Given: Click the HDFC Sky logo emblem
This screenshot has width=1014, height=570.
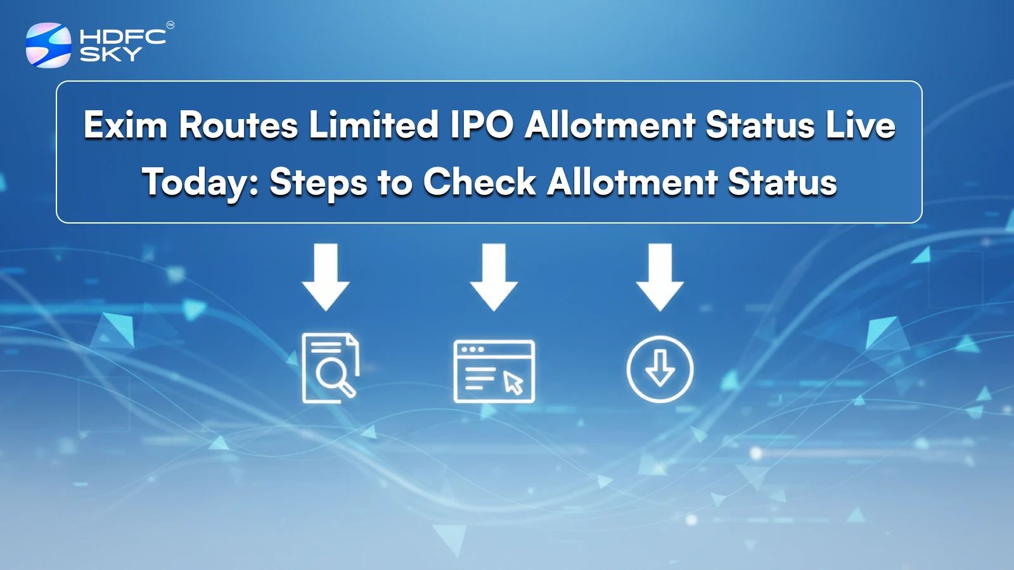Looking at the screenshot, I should (48, 45).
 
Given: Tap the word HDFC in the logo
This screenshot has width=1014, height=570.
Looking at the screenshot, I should (123, 36).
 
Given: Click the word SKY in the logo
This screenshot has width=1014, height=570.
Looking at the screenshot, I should (110, 54).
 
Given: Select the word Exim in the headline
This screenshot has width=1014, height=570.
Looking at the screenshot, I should (125, 125).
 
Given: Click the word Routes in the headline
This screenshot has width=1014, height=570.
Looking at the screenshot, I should (238, 125).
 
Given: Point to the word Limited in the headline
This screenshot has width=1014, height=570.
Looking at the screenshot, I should (374, 125).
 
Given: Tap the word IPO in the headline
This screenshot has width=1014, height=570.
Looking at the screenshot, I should (482, 125).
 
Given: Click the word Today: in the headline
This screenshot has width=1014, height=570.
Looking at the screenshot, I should (200, 182).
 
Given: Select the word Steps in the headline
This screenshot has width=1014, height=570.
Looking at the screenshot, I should (318, 182).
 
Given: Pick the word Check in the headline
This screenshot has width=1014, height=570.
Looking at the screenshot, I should (480, 182).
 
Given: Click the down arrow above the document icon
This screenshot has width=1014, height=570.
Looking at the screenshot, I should (326, 277).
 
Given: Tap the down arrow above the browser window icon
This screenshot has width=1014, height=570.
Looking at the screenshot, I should (494, 277).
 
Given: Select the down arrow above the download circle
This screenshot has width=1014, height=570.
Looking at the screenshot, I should (660, 277).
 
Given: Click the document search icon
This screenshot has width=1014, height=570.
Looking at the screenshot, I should (330, 368).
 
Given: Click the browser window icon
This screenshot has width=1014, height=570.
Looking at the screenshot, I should (494, 371).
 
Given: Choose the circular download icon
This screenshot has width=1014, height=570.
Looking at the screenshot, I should (660, 369).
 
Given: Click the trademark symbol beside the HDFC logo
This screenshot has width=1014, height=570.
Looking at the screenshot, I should (170, 25).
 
